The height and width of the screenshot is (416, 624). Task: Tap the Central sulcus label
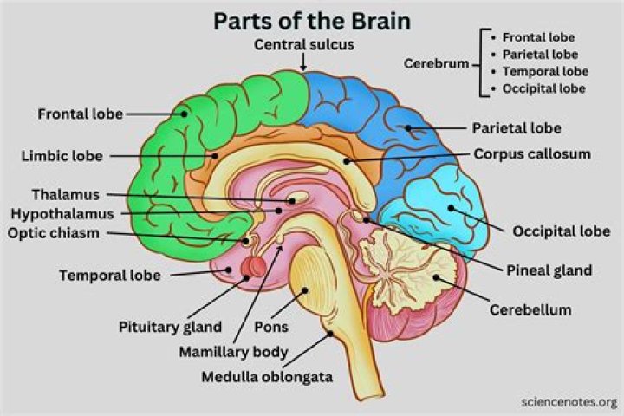point(302,43)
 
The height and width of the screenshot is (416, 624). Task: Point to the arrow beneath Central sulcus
point(302,62)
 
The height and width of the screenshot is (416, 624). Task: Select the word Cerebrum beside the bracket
point(435,64)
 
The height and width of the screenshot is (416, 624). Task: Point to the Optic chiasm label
point(55,232)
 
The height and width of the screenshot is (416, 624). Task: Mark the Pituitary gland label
point(170,328)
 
